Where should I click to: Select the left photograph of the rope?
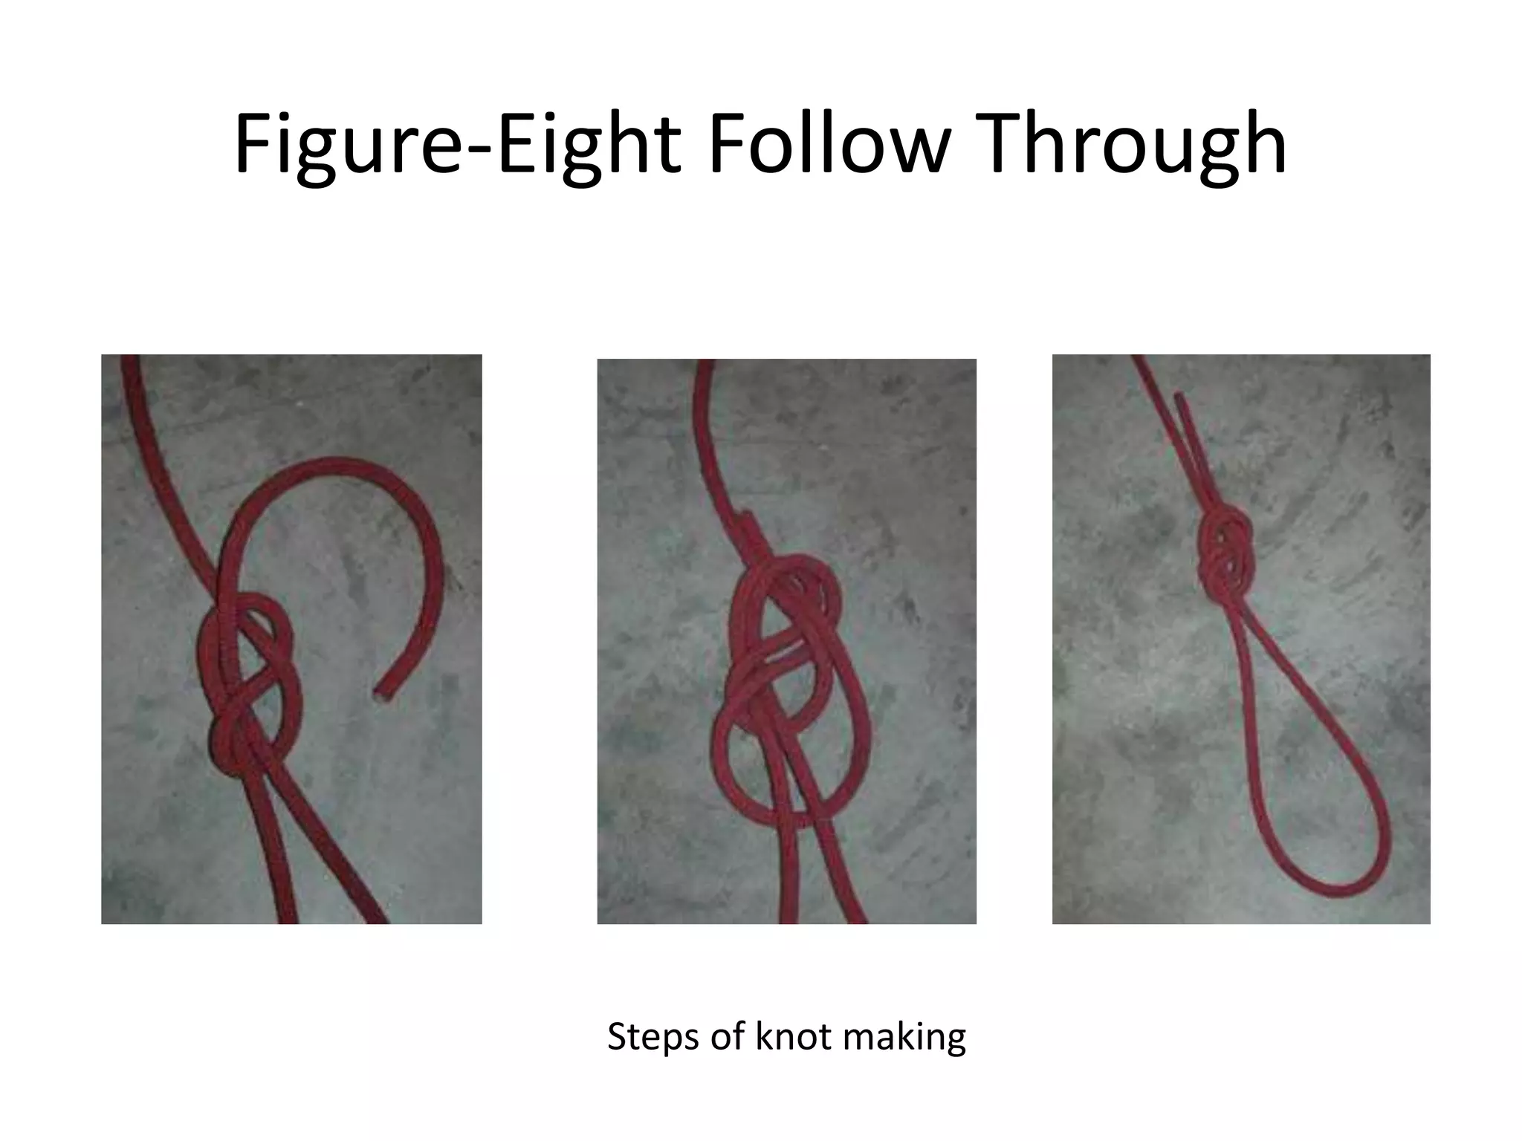click(x=291, y=639)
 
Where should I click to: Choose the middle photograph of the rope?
click(x=786, y=640)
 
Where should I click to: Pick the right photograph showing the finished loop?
click(x=1241, y=639)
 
